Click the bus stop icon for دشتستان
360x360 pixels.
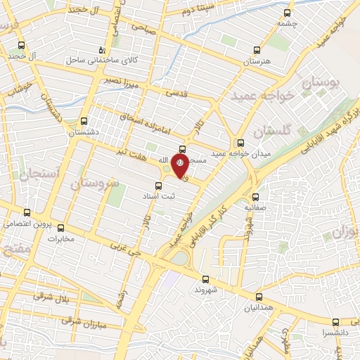click(84, 120)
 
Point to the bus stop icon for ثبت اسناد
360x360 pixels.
click(157, 185)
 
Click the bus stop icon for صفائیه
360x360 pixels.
click(255, 197)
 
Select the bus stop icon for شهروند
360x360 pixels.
click(205, 278)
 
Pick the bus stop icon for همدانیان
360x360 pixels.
click(259, 297)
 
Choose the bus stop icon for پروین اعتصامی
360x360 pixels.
click(27, 212)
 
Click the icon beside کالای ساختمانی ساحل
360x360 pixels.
click(103, 49)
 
